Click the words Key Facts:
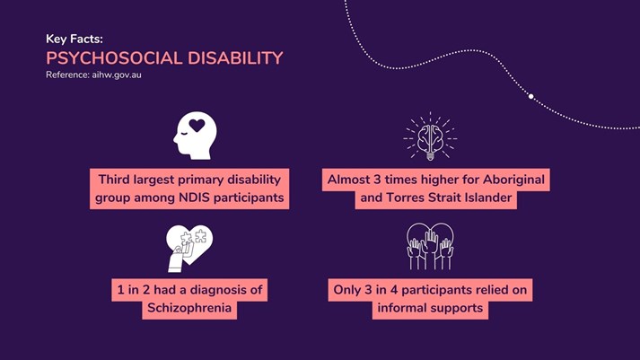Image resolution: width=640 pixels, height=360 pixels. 75,40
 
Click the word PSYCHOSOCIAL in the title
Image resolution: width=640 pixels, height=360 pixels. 114,58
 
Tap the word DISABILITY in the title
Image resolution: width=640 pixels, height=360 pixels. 235,58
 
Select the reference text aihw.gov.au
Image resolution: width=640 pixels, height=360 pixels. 117,75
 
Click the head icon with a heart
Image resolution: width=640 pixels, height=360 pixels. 195,136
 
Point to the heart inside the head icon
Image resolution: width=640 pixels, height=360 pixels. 197,126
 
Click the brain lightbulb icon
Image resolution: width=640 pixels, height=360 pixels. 430,136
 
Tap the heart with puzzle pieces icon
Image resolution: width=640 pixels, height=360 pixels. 189,248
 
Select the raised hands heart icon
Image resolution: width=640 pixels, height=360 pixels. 430,246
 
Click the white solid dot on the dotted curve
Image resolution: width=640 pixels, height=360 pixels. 531,96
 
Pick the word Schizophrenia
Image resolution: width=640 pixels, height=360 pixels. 189,308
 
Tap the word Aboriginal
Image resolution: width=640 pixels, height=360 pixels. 513,180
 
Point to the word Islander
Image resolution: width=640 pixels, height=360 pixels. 487,198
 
